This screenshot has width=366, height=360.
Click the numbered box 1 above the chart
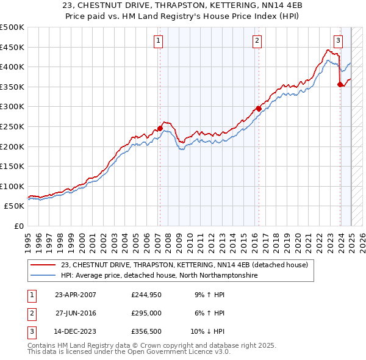coord(158,41)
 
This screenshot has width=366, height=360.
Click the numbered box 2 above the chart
coord(257,41)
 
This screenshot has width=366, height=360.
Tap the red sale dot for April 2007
coord(160,128)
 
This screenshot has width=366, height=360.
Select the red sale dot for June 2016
coord(259,109)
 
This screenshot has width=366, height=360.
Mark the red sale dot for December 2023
coord(340,84)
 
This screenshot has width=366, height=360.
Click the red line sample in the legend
coord(43,265)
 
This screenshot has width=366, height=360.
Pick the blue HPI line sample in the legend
coord(43,276)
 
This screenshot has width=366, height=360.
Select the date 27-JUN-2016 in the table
coord(76,313)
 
